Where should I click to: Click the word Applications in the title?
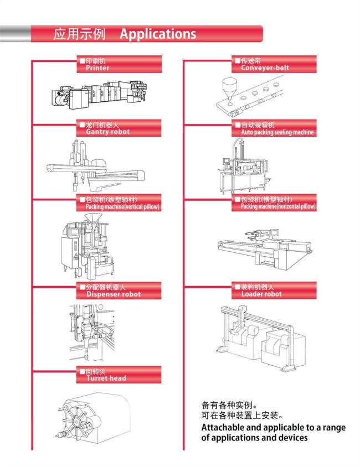[x=158, y=34]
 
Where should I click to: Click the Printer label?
[x=97, y=68]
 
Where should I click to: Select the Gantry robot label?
[x=108, y=132]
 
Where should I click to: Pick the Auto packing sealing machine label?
[x=277, y=132]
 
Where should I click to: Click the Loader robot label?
[x=261, y=294]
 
